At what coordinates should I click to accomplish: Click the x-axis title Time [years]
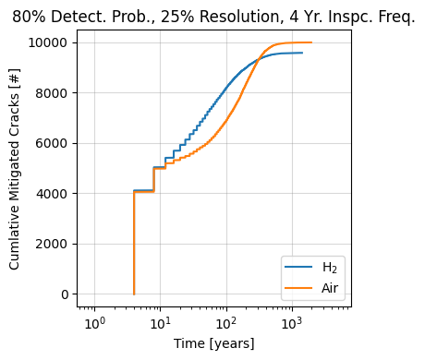click(213, 343)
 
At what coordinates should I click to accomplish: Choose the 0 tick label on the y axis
click(65, 294)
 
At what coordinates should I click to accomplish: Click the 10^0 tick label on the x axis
click(94, 320)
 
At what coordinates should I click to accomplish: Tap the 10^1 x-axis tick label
click(160, 320)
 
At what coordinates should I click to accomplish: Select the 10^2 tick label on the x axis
click(225, 320)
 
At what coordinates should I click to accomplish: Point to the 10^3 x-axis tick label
click(291, 320)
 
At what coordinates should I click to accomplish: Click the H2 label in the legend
click(328, 269)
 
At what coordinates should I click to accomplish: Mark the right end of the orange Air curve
click(311, 42)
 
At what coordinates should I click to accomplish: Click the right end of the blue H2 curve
click(302, 53)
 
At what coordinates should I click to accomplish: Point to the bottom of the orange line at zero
click(134, 294)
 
